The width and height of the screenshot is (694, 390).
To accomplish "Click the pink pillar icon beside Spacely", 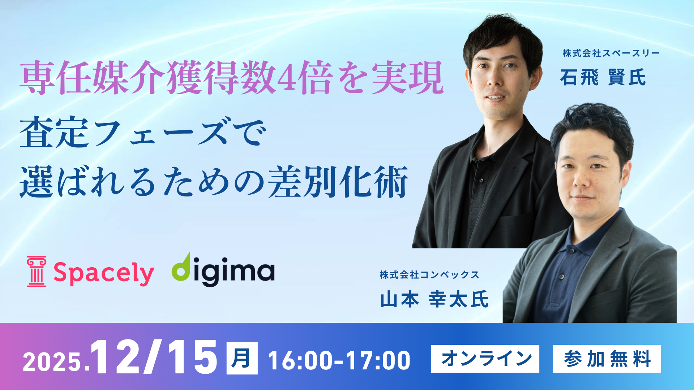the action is click(x=37, y=272).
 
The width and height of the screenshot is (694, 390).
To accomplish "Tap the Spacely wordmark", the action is click(x=104, y=273).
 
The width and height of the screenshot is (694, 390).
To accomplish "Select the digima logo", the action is click(x=223, y=269).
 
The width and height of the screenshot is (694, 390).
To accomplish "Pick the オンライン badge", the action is click(x=485, y=359).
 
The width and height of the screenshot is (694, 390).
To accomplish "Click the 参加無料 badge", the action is click(x=607, y=359).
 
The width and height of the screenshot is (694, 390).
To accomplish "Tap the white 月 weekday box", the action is click(x=242, y=358).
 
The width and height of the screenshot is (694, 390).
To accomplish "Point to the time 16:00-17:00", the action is click(x=339, y=360).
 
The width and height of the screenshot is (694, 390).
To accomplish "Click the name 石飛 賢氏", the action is click(x=603, y=77).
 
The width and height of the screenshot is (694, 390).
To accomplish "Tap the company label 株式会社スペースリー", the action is click(x=611, y=53).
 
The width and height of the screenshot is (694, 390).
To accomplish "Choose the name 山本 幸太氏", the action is click(x=434, y=299).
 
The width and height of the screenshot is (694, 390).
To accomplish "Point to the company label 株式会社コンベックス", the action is click(x=429, y=275).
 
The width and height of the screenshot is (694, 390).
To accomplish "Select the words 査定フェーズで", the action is click(x=143, y=132).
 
